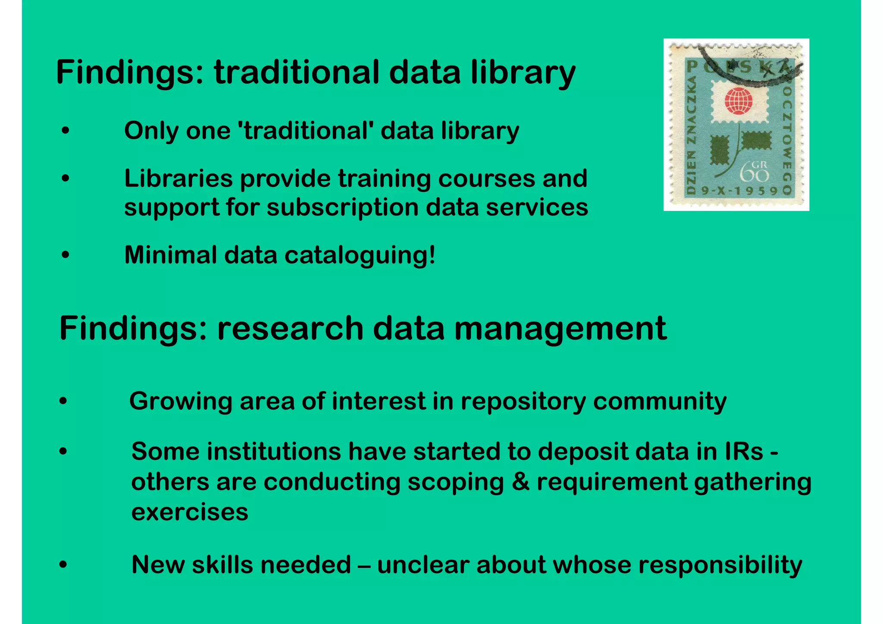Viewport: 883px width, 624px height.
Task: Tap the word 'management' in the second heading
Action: pyautogui.click(x=560, y=329)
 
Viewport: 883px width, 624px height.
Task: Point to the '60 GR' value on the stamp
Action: pyautogui.click(x=755, y=172)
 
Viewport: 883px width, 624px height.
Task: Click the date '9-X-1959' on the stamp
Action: pyautogui.click(x=739, y=191)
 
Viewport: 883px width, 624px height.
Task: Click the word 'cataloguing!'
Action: pyautogui.click(x=360, y=255)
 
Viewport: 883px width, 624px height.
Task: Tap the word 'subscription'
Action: pyautogui.click(x=343, y=207)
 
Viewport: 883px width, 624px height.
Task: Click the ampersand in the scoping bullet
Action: pyautogui.click(x=520, y=482)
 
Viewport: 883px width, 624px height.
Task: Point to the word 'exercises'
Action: pyautogui.click(x=190, y=512)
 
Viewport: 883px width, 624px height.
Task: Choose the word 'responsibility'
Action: pyautogui.click(x=720, y=565)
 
